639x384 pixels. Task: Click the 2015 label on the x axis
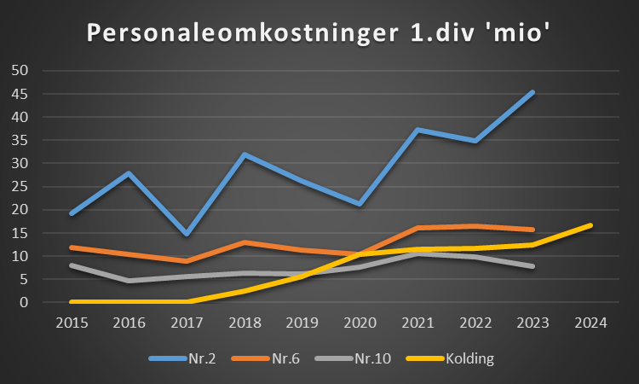coord(71,323)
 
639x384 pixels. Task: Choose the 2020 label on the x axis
coord(359,323)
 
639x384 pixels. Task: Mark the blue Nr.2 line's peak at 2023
coord(532,92)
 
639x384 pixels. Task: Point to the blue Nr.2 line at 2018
coord(245,154)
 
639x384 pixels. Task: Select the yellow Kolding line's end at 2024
coord(590,225)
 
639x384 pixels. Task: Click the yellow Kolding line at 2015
coord(72,301)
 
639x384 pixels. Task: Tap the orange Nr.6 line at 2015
coord(72,247)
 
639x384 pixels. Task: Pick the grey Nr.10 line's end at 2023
coord(532,266)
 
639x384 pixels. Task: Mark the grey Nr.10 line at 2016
coord(129,280)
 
